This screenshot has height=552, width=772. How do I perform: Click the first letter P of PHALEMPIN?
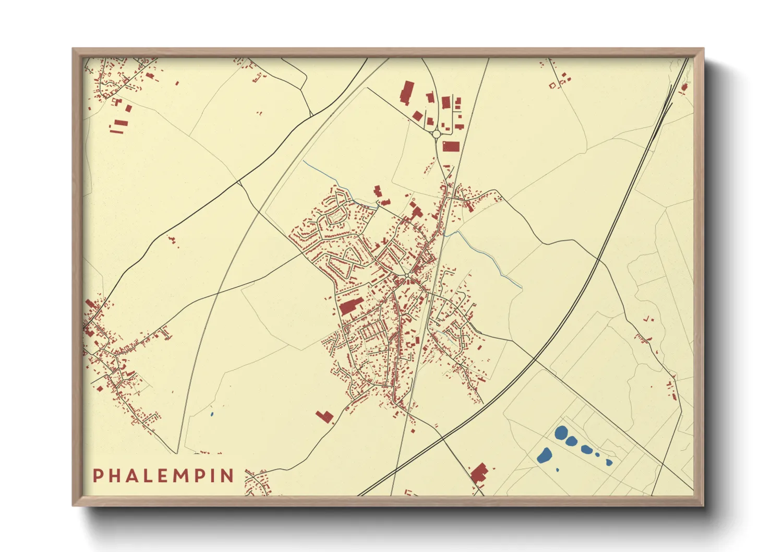(x=98, y=475)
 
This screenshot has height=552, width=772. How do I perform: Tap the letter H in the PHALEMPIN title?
(x=116, y=475)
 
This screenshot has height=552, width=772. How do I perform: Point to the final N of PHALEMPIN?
(x=227, y=475)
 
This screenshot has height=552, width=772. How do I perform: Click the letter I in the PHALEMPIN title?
(x=214, y=475)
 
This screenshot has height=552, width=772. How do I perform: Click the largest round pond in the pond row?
(x=562, y=433)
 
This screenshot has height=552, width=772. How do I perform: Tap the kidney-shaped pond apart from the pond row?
(x=545, y=455)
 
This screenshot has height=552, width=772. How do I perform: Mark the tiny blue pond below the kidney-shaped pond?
(x=558, y=470)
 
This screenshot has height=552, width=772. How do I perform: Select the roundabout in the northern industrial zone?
(x=437, y=134)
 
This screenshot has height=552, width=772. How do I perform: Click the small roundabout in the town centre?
(x=406, y=275)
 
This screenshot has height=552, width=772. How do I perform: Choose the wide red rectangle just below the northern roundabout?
(x=451, y=146)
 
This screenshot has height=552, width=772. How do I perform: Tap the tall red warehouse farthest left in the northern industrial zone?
(x=406, y=93)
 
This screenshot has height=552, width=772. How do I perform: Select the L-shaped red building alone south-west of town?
(x=325, y=416)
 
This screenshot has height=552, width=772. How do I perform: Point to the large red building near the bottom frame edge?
(x=479, y=472)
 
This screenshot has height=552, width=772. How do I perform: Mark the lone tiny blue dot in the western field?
(x=212, y=414)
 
